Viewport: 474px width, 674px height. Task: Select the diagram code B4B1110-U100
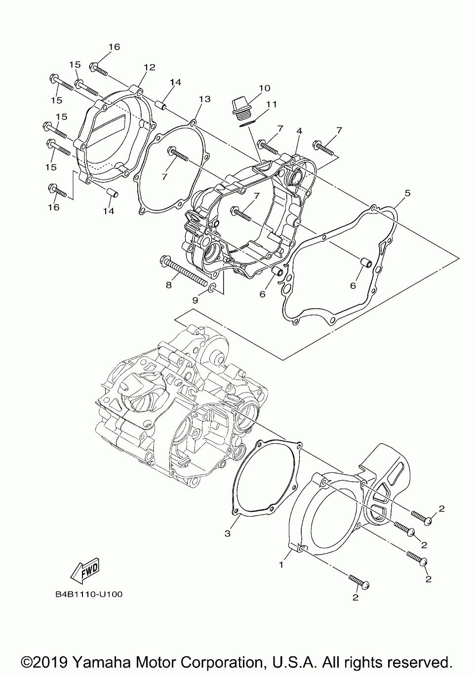(x=89, y=594)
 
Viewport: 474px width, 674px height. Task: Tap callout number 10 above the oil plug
(x=264, y=88)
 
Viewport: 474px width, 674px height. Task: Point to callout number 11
(x=271, y=104)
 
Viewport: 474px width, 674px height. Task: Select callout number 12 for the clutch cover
(x=149, y=67)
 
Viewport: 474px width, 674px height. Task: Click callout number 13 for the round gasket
(x=204, y=99)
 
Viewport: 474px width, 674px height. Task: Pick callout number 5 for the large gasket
(x=407, y=193)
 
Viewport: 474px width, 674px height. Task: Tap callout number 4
(x=299, y=131)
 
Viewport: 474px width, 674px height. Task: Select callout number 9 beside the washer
(x=196, y=300)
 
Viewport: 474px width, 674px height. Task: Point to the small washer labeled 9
(x=212, y=288)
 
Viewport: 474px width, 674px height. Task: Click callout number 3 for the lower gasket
(x=228, y=533)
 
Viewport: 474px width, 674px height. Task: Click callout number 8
(x=169, y=285)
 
